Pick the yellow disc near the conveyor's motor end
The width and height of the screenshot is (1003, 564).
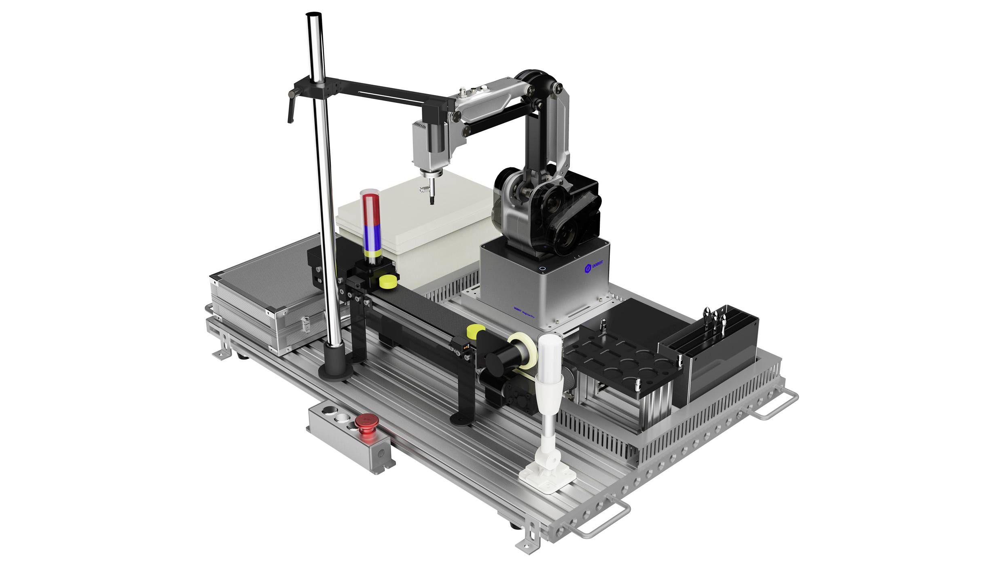pos(474,331)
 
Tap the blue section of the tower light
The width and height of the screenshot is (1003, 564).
pos(370,238)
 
